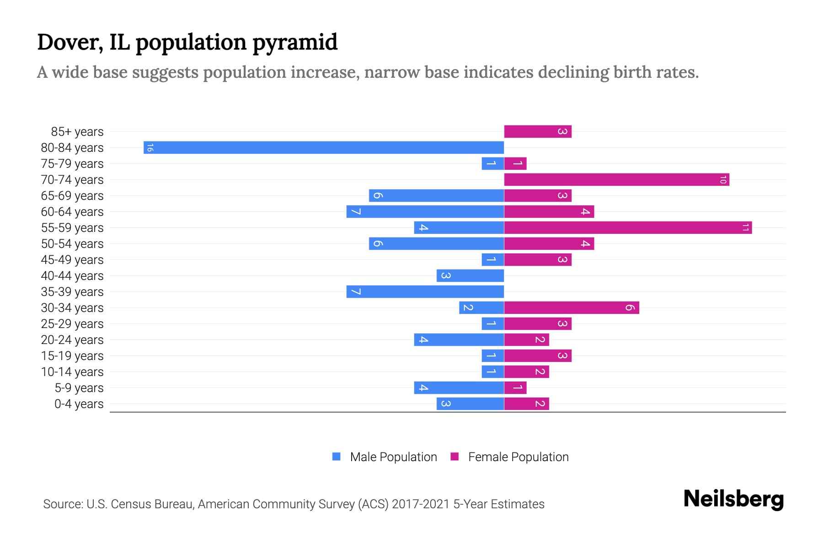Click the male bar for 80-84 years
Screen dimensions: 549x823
pyautogui.click(x=324, y=147)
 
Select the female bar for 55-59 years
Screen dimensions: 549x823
pyautogui.click(x=628, y=227)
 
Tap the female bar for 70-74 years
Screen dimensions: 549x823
pyautogui.click(x=616, y=179)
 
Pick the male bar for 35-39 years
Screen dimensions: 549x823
pyautogui.click(x=425, y=291)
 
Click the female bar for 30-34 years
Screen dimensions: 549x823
pyautogui.click(x=572, y=307)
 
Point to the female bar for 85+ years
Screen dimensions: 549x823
pyautogui.click(x=538, y=131)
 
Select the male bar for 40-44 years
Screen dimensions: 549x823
pyautogui.click(x=470, y=275)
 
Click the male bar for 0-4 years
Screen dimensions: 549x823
pyautogui.click(x=470, y=404)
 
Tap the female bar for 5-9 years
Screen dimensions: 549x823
pyautogui.click(x=515, y=388)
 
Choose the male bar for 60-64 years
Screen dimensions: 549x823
pyautogui.click(x=425, y=211)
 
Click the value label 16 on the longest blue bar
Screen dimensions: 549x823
pyautogui.click(x=150, y=147)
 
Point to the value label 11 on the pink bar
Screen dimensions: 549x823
pyautogui.click(x=745, y=227)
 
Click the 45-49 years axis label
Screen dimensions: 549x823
pyautogui.click(x=72, y=259)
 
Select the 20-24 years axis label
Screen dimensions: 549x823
pyautogui.click(x=72, y=339)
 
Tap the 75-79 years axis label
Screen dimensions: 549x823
pyautogui.click(x=72, y=163)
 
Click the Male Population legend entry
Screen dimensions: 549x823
pyautogui.click(x=393, y=457)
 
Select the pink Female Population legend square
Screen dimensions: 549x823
pyautogui.click(x=454, y=457)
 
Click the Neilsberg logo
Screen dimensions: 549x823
pyautogui.click(x=733, y=499)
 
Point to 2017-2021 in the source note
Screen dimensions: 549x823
pyautogui.click(x=420, y=504)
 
